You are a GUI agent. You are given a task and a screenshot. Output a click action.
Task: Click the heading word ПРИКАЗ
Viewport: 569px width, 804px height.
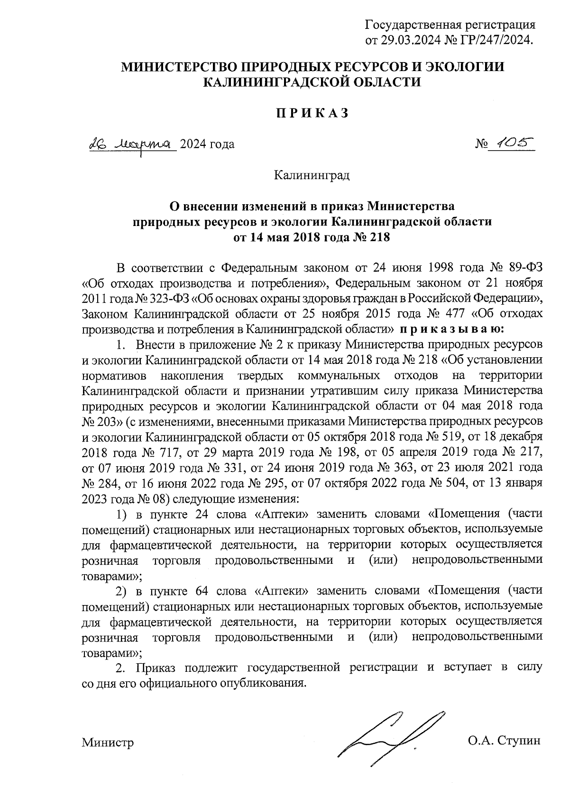312,113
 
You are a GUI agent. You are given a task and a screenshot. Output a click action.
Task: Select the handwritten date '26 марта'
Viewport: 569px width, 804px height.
132,143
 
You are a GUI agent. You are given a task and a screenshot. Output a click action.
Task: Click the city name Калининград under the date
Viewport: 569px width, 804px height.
312,176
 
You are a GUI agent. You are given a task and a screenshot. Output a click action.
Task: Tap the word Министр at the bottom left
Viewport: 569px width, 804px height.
107,742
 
